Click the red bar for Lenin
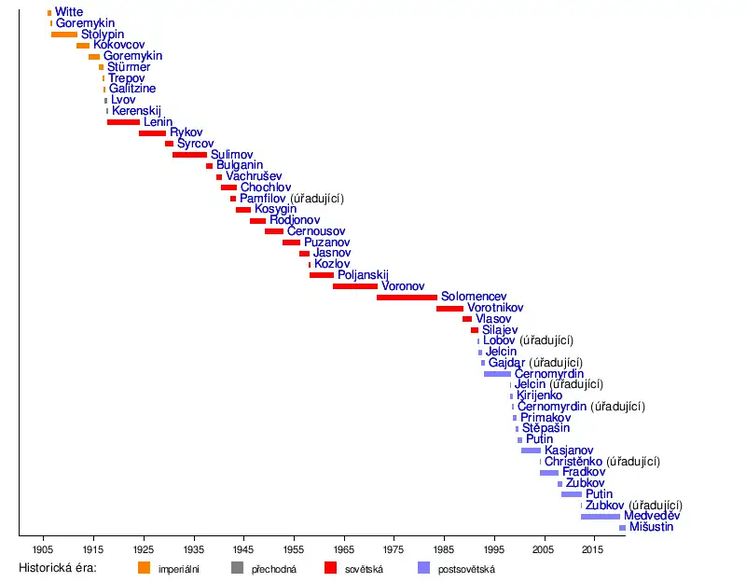pyautogui.click(x=123, y=122)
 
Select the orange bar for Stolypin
pyautogui.click(x=64, y=35)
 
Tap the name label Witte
pyautogui.click(x=69, y=12)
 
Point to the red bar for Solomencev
pyautogui.click(x=407, y=298)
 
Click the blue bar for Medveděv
pyautogui.click(x=600, y=516)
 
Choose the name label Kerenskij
pyautogui.click(x=136, y=111)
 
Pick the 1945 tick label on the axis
pyautogui.click(x=243, y=549)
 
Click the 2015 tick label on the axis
pyautogui.click(x=592, y=549)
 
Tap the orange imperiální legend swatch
pyautogui.click(x=144, y=568)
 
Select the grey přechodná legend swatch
pyautogui.click(x=237, y=568)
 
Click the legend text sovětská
pyautogui.click(x=366, y=569)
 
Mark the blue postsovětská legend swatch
pyautogui.click(x=423, y=568)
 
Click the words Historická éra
pyautogui.click(x=58, y=568)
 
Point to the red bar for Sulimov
pyautogui.click(x=189, y=155)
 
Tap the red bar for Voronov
pyautogui.click(x=354, y=286)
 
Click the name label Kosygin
pyautogui.click(x=275, y=209)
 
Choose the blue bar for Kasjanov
pyautogui.click(x=531, y=450)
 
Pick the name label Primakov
pyautogui.click(x=545, y=418)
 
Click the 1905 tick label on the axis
pyautogui.click(x=42, y=549)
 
